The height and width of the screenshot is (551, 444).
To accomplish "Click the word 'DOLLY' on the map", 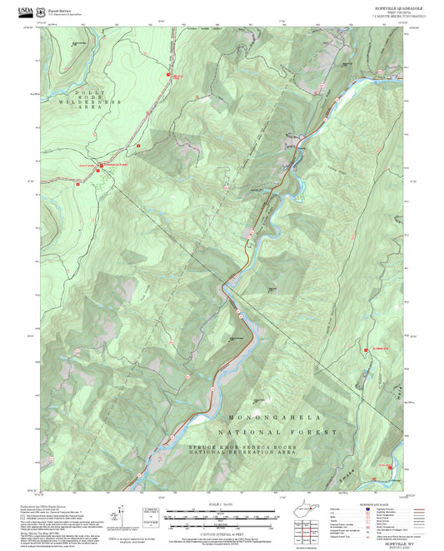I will point(87,92).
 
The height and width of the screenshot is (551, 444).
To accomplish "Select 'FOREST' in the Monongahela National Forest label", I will point(320,433).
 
